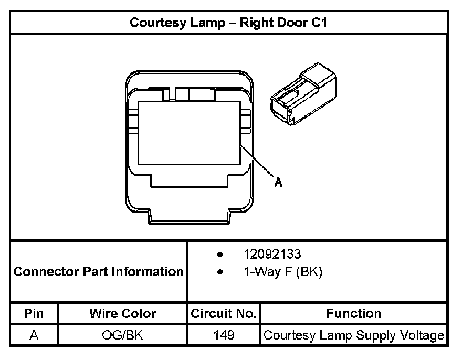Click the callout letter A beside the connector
pos(278,182)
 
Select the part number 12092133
pos(272,255)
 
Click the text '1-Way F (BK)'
pos(282,272)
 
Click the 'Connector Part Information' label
pos(98,272)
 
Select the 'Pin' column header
pos(34,314)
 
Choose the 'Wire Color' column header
pos(122,314)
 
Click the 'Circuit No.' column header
pos(224,314)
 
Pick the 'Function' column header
pos(354,314)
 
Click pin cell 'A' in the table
pos(34,335)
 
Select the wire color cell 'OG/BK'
pos(122,335)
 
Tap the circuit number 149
pos(224,335)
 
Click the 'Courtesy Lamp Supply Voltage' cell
pos(354,335)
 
